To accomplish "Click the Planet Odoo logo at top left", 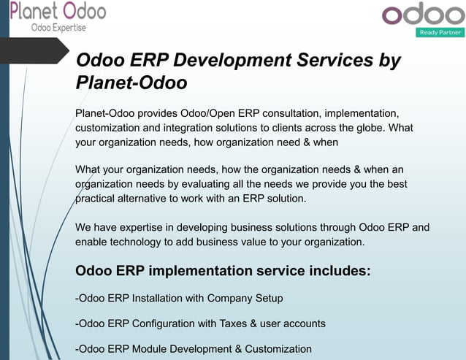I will [x=58, y=14].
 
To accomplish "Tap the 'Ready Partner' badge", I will [x=440, y=33].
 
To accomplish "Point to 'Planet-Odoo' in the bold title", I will [x=131, y=83].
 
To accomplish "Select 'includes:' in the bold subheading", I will [x=337, y=271].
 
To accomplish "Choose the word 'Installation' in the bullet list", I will [x=160, y=298].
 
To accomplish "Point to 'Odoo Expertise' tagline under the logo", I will [x=58, y=28].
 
